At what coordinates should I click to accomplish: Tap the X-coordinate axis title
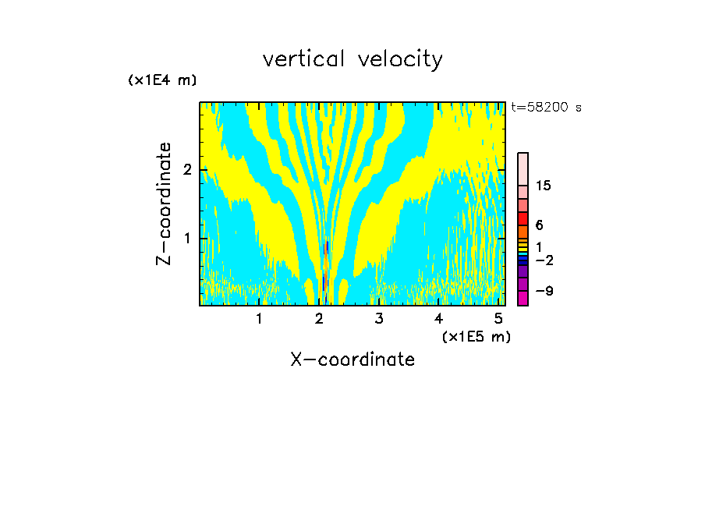click(352, 359)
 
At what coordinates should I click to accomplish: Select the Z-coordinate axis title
click(164, 204)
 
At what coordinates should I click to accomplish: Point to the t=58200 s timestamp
click(546, 108)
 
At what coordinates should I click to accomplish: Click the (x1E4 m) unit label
click(162, 80)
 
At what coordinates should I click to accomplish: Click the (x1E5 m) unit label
click(476, 336)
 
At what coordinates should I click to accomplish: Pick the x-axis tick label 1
click(259, 319)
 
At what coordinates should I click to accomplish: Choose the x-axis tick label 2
click(319, 319)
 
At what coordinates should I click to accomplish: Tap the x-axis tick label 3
click(379, 319)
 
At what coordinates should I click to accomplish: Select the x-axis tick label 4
click(439, 319)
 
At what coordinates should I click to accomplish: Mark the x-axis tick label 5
click(499, 319)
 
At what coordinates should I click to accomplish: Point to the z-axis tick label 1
click(187, 238)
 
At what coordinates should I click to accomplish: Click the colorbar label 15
click(544, 186)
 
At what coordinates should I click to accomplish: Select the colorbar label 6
click(539, 225)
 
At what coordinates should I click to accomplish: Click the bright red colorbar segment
click(523, 218)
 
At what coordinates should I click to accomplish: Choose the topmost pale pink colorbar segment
click(523, 168)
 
